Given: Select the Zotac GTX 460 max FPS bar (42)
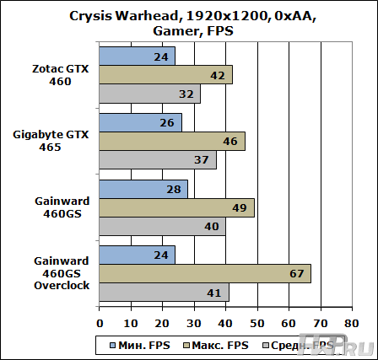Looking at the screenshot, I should click(x=165, y=75).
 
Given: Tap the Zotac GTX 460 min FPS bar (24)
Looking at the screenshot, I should click(x=137, y=56).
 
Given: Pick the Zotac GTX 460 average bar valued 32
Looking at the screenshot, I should click(x=149, y=94).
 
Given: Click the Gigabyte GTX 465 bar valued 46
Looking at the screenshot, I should click(x=172, y=141).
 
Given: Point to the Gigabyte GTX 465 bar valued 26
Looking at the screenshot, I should click(x=140, y=122).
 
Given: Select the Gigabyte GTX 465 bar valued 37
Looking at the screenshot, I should click(x=158, y=159).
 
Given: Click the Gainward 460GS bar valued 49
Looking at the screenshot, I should click(x=176, y=207).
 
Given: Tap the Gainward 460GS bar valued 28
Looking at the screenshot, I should click(x=143, y=189).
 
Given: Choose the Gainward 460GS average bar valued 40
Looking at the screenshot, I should click(x=162, y=226).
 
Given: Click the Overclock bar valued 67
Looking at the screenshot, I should click(x=205, y=273).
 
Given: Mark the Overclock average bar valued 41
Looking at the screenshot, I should click(x=164, y=292).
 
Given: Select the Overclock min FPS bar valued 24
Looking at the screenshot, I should click(x=137, y=255).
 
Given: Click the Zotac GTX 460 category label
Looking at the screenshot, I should click(x=51, y=75).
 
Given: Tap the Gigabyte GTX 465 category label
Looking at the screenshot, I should click(x=51, y=141).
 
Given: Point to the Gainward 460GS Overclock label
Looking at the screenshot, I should click(x=51, y=273).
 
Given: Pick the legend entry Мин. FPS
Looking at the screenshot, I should click(x=135, y=344).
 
